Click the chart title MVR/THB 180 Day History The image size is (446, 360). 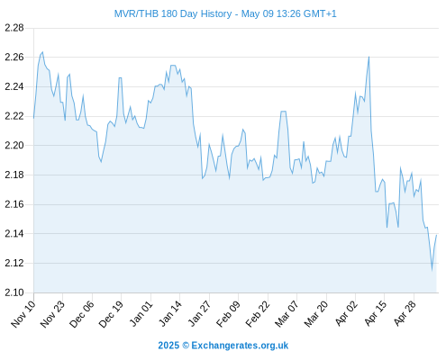click(x=173, y=13)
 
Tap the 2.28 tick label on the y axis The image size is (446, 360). click(x=14, y=28)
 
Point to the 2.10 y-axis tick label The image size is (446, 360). click(x=14, y=292)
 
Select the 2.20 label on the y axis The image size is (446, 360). click(x=14, y=146)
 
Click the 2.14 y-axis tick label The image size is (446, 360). click(x=14, y=234)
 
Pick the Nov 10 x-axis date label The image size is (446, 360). click(x=23, y=314)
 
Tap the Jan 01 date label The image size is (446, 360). click(x=141, y=314)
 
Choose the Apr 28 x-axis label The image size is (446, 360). click(x=405, y=314)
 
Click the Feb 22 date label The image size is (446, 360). click(x=259, y=314)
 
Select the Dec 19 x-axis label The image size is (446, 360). click(x=112, y=314)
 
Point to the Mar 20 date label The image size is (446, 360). click(x=317, y=314)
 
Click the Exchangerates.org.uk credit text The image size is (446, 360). click(x=240, y=346)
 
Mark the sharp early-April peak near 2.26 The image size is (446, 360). click(x=369, y=57)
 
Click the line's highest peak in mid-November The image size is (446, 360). click(x=42, y=52)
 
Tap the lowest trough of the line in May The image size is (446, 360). click(x=432, y=270)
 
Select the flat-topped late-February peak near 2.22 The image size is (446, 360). click(x=283, y=112)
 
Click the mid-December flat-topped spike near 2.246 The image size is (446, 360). click(x=120, y=78)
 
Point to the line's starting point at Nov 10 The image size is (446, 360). click(x=33, y=118)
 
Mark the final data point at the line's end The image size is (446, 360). click(x=436, y=235)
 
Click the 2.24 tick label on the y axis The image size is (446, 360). click(x=14, y=86)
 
